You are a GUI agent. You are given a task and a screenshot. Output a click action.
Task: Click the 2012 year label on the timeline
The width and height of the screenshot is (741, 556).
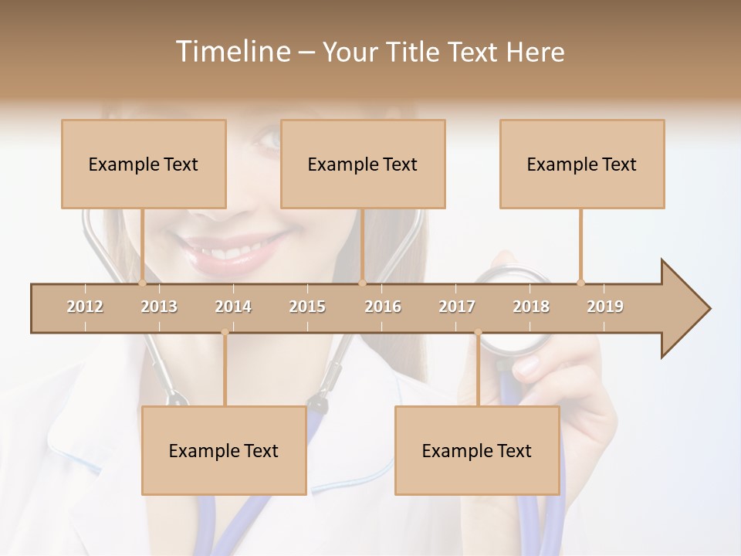click(x=85, y=307)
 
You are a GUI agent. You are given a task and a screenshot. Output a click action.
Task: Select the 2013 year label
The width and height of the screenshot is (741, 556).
click(x=159, y=307)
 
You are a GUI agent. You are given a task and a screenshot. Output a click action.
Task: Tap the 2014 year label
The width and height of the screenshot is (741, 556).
click(x=233, y=307)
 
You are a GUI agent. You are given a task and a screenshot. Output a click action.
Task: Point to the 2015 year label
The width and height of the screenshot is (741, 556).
click(x=307, y=307)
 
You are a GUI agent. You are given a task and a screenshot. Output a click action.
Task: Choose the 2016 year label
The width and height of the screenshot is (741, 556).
click(x=383, y=307)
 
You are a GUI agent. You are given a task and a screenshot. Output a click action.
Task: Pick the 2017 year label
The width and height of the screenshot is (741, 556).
click(x=457, y=307)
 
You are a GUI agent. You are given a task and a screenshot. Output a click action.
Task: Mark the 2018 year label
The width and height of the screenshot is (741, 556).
click(x=531, y=307)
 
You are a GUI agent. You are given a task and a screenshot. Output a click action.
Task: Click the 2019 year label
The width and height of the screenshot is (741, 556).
click(x=605, y=307)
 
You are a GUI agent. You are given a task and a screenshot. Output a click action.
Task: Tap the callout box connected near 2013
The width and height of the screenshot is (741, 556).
click(x=144, y=164)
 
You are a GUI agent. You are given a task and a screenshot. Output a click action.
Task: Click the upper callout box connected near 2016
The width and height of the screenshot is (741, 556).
click(x=363, y=164)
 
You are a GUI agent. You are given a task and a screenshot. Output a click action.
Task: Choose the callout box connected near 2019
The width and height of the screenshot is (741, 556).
click(x=582, y=164)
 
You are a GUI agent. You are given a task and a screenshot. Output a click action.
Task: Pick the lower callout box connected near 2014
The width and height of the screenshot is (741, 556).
click(x=224, y=450)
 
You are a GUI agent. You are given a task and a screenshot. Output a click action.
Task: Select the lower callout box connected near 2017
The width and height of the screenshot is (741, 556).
click(x=477, y=450)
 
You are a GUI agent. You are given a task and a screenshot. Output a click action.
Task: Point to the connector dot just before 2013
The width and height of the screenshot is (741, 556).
click(x=142, y=283)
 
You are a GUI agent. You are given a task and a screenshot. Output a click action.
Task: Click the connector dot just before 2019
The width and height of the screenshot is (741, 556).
click(x=580, y=283)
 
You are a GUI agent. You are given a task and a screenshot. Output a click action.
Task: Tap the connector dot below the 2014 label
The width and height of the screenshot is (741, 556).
click(x=225, y=332)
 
